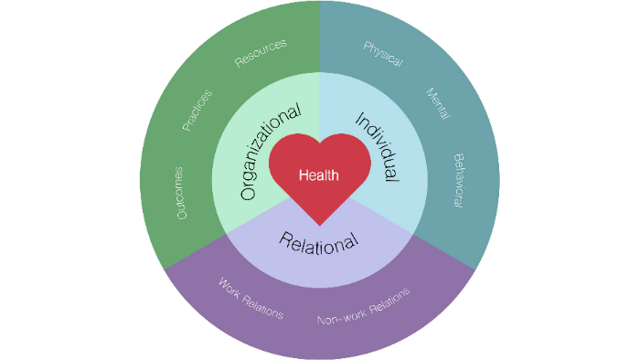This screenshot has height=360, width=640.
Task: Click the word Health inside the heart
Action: (319, 175)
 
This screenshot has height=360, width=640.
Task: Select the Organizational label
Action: (271, 152)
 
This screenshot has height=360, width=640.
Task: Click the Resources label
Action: (261, 52)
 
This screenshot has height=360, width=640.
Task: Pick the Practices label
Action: (197, 110)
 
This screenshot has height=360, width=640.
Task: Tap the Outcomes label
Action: (180, 192)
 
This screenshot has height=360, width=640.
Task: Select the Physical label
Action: (383, 54)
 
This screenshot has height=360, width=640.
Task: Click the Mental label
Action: (440, 106)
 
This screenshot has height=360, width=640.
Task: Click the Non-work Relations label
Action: (363, 306)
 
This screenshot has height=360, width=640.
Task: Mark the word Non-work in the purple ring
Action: (338, 315)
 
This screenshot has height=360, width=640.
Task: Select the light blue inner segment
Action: (402, 196)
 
